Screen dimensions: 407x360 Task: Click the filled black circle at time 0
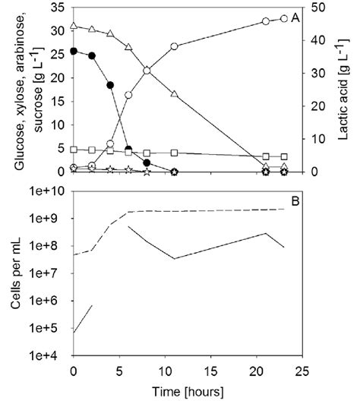(x=74, y=51)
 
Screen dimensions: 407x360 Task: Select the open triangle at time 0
(x=74, y=26)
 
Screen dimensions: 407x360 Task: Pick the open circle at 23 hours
(x=284, y=18)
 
